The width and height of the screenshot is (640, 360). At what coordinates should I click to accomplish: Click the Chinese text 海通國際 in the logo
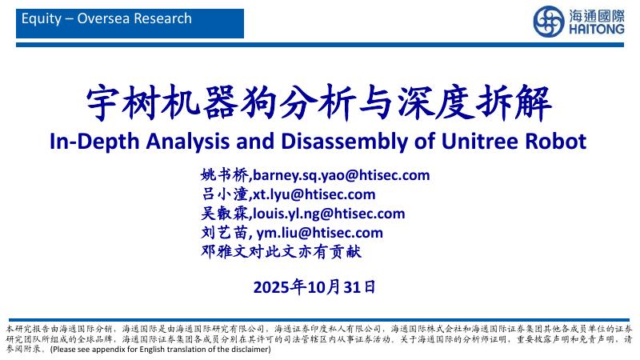597,14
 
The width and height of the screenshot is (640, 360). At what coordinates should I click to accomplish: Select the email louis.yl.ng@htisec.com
329,214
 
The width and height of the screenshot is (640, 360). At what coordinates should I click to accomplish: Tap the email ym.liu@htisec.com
320,233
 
